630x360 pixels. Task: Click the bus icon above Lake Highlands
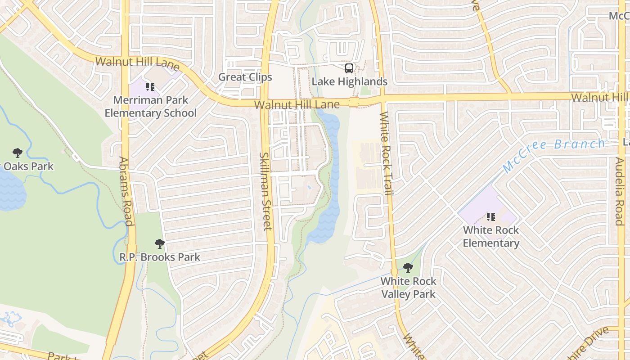point(349,68)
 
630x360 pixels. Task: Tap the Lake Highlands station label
point(349,81)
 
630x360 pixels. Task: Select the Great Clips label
point(245,77)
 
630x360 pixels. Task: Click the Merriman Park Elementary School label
point(150,106)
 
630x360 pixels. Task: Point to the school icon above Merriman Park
point(150,86)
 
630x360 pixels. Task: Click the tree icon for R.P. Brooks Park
point(159,244)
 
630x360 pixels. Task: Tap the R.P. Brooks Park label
point(159,257)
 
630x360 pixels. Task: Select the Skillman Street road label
point(265,191)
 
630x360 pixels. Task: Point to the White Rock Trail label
point(387,153)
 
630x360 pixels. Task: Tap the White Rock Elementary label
point(490,237)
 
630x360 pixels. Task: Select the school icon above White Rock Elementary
point(490,217)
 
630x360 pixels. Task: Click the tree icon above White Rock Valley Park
point(408,268)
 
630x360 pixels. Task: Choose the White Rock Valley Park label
point(408,288)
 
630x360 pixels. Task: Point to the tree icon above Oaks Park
point(17,153)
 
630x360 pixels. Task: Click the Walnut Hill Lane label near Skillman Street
point(297,105)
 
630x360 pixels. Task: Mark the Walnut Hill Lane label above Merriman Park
point(138,63)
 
